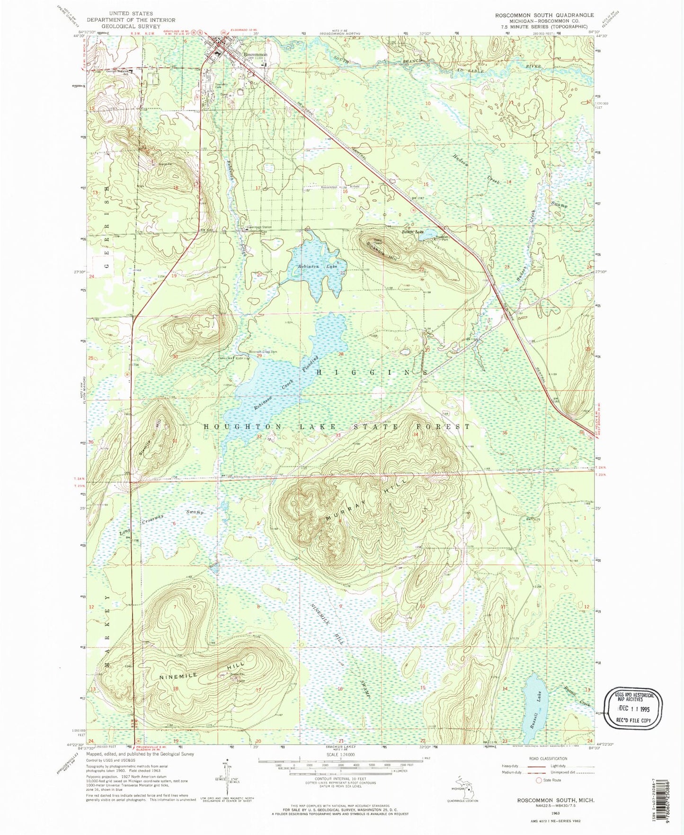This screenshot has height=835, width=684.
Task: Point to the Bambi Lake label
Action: pos(413,232)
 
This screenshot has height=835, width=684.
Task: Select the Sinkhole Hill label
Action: pos(381,250)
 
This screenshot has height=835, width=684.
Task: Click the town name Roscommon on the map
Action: pos(255,55)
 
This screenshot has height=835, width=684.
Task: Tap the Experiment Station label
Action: pos(258,227)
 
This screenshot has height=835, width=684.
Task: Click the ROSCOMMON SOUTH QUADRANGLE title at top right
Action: pos(544,15)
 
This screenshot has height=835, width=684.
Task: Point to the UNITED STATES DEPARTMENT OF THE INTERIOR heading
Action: pos(131,17)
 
